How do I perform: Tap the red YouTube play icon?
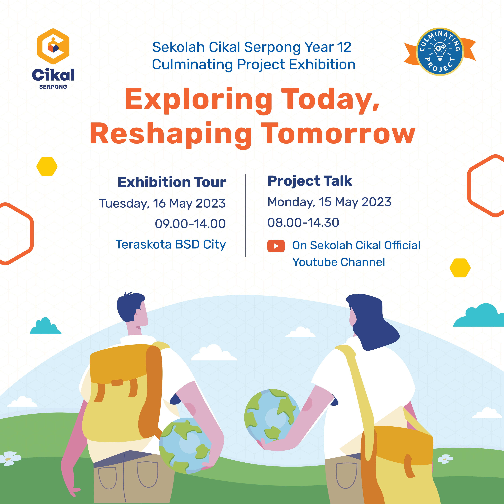[x=276, y=246]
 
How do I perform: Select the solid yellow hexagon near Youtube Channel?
[x=460, y=268]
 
